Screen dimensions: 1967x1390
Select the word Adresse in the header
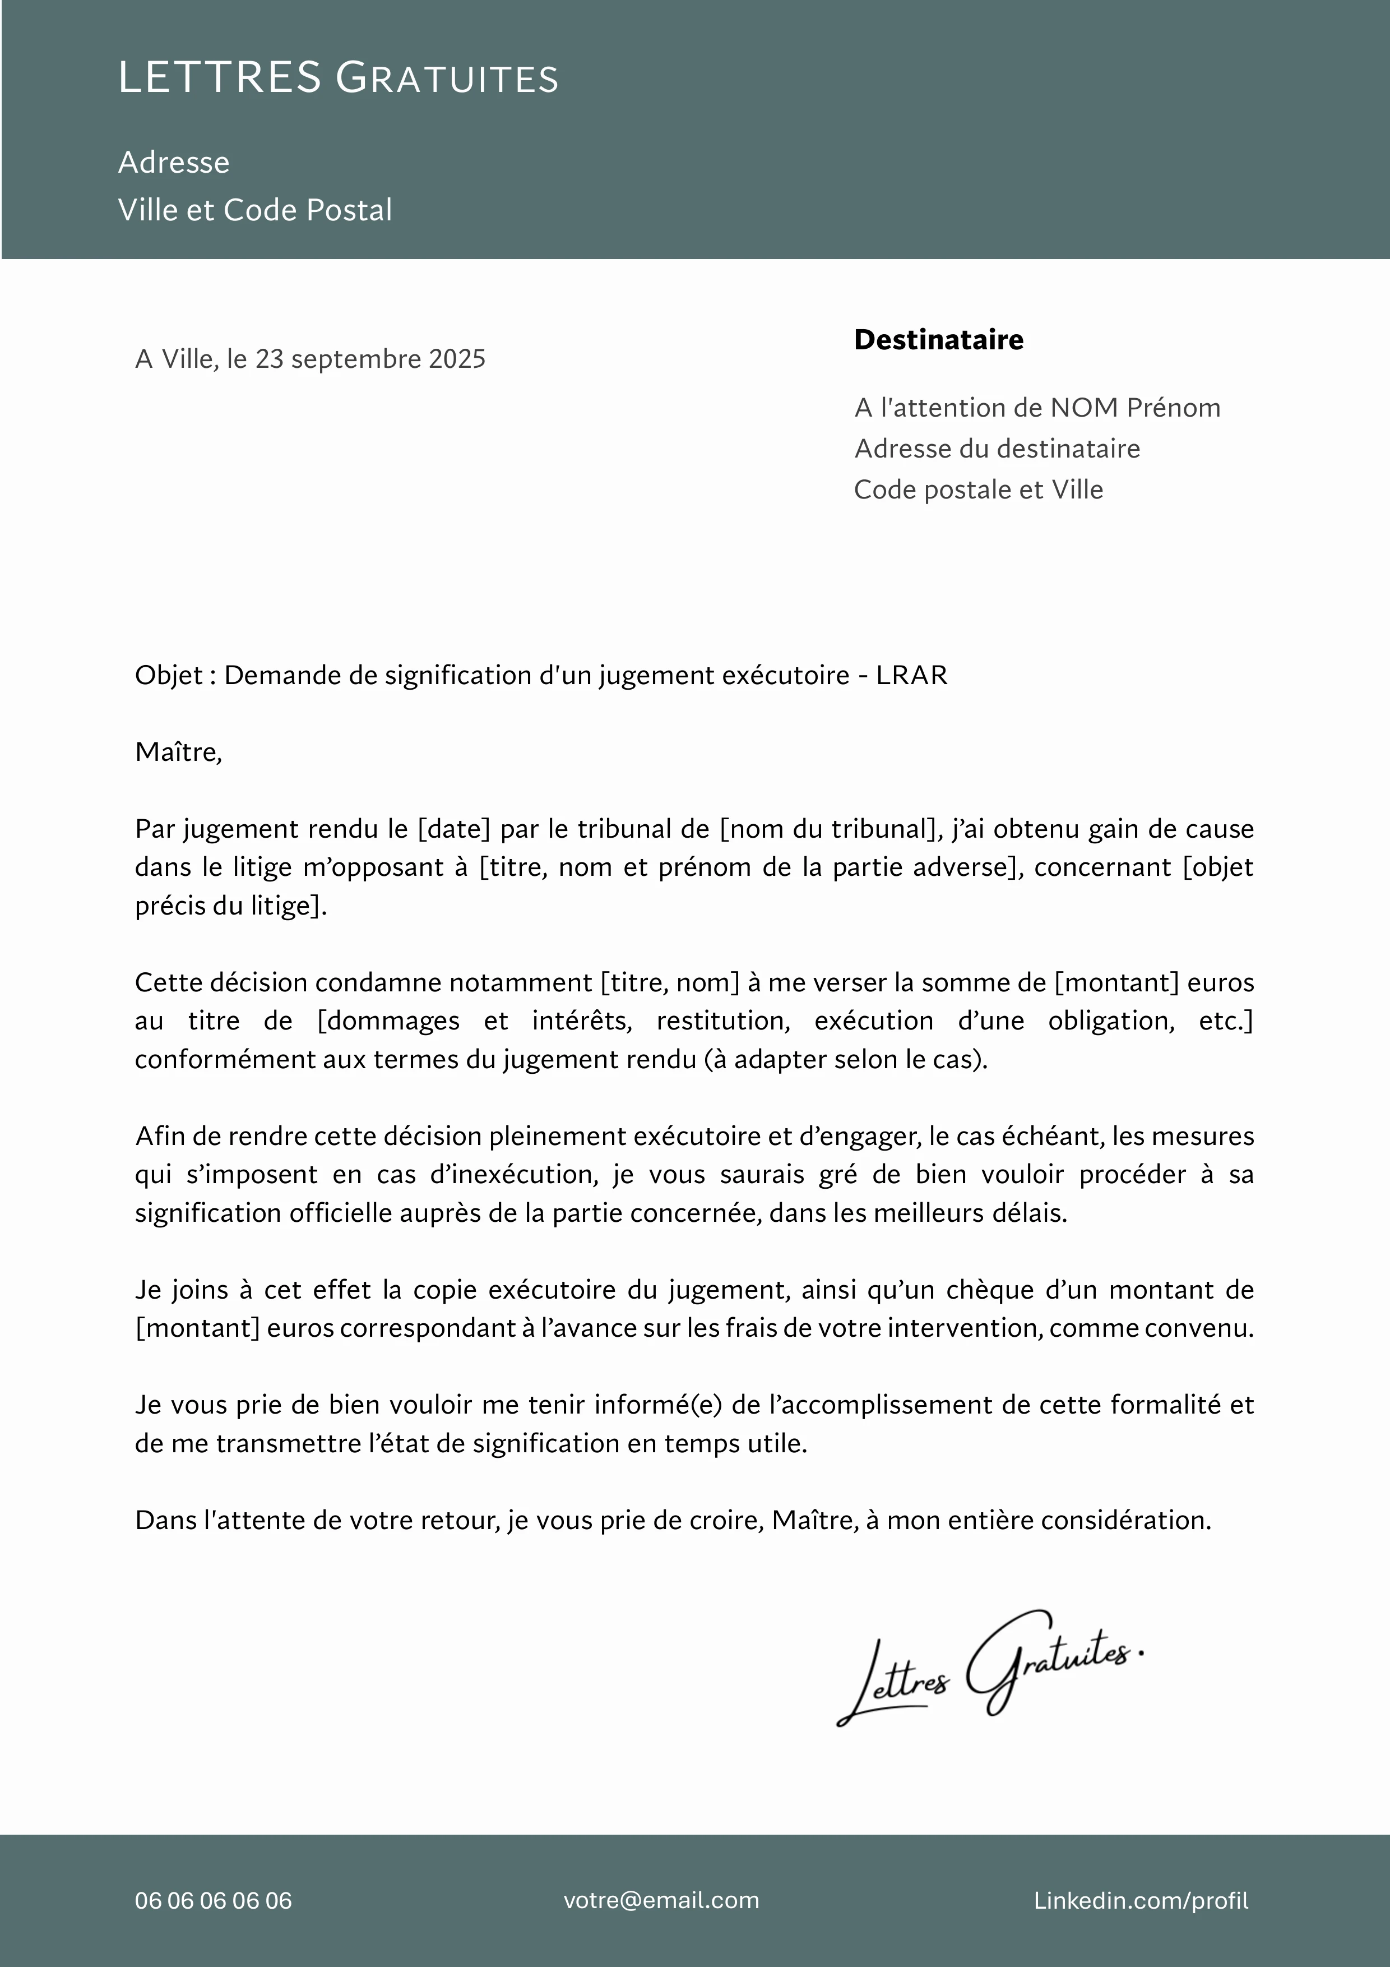174,162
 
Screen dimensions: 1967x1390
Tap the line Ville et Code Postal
254,210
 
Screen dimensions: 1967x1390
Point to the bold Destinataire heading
939,340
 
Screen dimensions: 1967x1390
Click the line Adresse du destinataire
997,449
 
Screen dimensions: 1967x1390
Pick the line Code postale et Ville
978,490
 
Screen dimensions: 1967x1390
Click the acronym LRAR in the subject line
911,676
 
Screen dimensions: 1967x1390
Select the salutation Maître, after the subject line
178,752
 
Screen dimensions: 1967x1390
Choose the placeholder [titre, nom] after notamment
670,982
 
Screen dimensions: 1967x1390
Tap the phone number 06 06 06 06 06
213,1900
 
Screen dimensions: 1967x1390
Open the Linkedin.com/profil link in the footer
1141,1900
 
